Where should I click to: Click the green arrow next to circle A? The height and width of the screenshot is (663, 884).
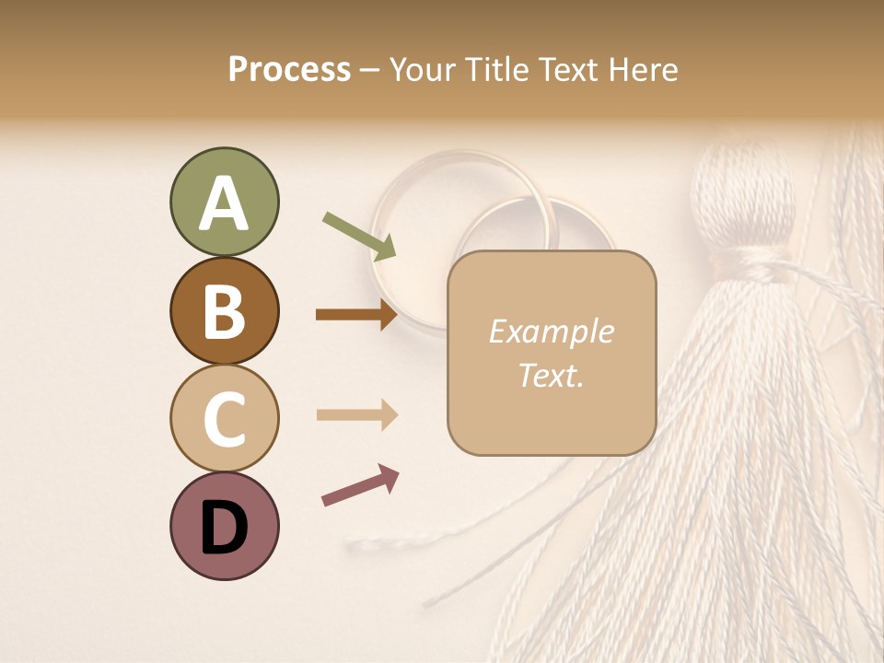point(359,236)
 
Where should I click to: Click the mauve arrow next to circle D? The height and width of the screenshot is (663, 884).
point(360,485)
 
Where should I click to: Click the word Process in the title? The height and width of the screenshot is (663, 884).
point(289,69)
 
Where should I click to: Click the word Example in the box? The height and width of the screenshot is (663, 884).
point(551,331)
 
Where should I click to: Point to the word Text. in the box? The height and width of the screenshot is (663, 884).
point(551,375)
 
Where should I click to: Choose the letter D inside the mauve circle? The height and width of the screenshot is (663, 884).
point(224,529)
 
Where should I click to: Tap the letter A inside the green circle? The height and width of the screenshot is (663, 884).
point(224,204)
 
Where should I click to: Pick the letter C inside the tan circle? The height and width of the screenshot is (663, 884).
point(224,420)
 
